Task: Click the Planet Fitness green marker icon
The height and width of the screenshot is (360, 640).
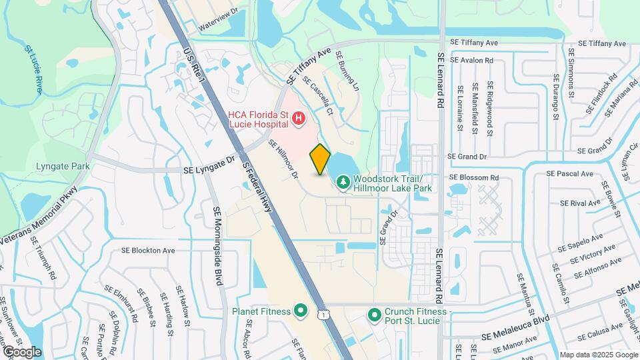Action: pyautogui.click(x=300, y=311)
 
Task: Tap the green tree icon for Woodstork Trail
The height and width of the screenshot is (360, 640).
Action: pyautogui.click(x=343, y=181)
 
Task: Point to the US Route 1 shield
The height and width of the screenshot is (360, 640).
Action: pyautogui.click(x=323, y=313)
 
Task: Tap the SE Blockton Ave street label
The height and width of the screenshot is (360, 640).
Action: pyautogui.click(x=147, y=251)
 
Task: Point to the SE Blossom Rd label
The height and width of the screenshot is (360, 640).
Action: pyautogui.click(x=474, y=178)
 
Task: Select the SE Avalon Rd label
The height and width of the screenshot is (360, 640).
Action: pyautogui.click(x=471, y=60)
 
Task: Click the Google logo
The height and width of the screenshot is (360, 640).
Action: pyautogui.click(x=21, y=351)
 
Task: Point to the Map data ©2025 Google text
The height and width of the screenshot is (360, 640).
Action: pyautogui.click(x=597, y=355)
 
